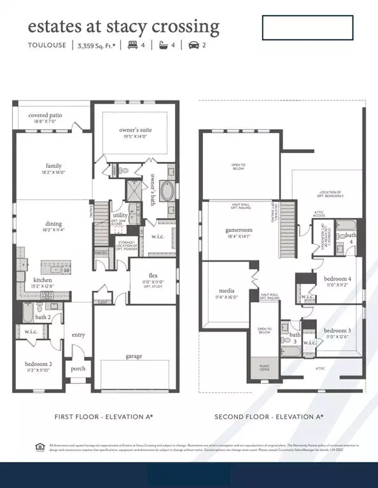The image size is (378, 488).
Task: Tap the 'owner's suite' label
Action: [135, 130]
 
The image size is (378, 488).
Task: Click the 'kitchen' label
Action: [43, 280]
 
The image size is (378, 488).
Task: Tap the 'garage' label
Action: [134, 356]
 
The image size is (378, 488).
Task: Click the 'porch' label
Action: [78, 369]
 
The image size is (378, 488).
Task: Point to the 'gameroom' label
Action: [235, 229]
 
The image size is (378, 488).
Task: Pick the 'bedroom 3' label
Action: [337, 330]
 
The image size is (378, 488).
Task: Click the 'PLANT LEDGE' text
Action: [263, 367]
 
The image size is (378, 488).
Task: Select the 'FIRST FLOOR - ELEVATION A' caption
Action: [103, 416]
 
